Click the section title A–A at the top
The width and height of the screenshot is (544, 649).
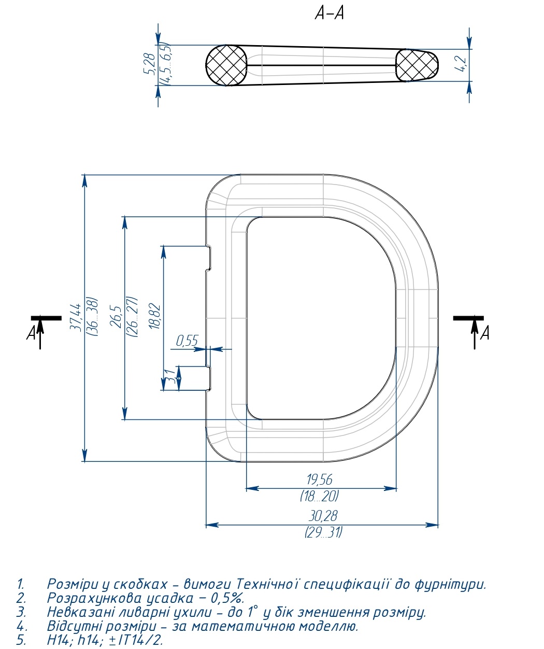(330, 13)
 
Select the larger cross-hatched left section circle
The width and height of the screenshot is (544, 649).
(226, 65)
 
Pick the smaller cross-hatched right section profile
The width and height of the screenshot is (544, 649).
(417, 65)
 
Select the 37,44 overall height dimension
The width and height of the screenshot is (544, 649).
(76, 317)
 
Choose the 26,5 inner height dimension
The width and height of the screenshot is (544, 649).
(116, 317)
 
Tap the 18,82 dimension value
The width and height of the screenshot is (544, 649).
(155, 316)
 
